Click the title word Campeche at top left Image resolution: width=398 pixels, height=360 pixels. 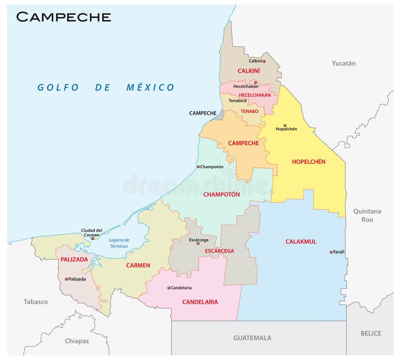pyautogui.click(x=63, y=16)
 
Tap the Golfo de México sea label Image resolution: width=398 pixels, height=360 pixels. pyautogui.click(x=106, y=88)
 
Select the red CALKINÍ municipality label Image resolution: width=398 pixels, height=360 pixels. pyautogui.click(x=249, y=71)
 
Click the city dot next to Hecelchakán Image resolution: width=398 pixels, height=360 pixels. pyautogui.click(x=255, y=83)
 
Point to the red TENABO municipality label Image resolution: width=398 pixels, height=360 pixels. pyautogui.click(x=249, y=111)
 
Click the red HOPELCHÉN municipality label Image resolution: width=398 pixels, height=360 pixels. pyautogui.click(x=308, y=162)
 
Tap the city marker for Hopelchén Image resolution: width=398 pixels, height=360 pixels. pyautogui.click(x=285, y=125)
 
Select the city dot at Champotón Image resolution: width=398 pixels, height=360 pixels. pyautogui.click(x=198, y=167)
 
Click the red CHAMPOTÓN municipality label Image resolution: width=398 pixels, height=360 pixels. pyautogui.click(x=221, y=194)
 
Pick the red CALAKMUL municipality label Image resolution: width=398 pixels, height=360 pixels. pyautogui.click(x=300, y=242)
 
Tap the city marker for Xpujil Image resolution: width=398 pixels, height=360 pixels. pyautogui.click(x=331, y=252)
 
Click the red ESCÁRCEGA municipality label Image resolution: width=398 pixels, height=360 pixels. pyautogui.click(x=219, y=251)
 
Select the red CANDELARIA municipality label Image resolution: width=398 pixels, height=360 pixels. pyautogui.click(x=200, y=302)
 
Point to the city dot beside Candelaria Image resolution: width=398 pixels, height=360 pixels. pyautogui.click(x=169, y=288)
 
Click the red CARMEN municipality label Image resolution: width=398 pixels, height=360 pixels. pyautogui.click(x=138, y=266)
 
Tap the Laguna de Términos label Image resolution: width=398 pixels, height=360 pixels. pyautogui.click(x=118, y=243)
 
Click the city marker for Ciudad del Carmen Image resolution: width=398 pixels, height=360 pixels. pyautogui.click(x=92, y=238)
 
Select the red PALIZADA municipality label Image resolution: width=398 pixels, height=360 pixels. pyautogui.click(x=74, y=260)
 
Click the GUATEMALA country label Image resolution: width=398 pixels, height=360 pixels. pyautogui.click(x=252, y=338)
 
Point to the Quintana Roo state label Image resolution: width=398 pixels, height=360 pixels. pyautogui.click(x=367, y=215)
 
